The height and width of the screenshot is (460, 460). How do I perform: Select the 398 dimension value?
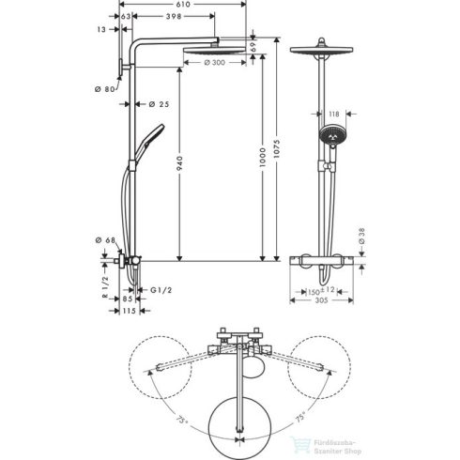[x=172, y=17]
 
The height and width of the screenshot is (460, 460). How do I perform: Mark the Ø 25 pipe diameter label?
[x=160, y=103]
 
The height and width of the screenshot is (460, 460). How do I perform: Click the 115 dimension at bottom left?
[x=130, y=313]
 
